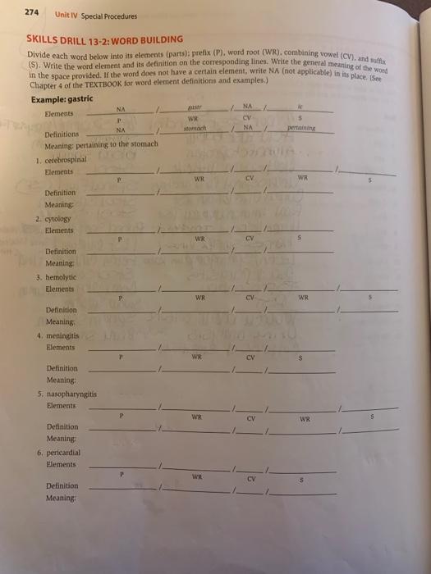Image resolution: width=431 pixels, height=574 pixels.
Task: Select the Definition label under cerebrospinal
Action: [x=62, y=194]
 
